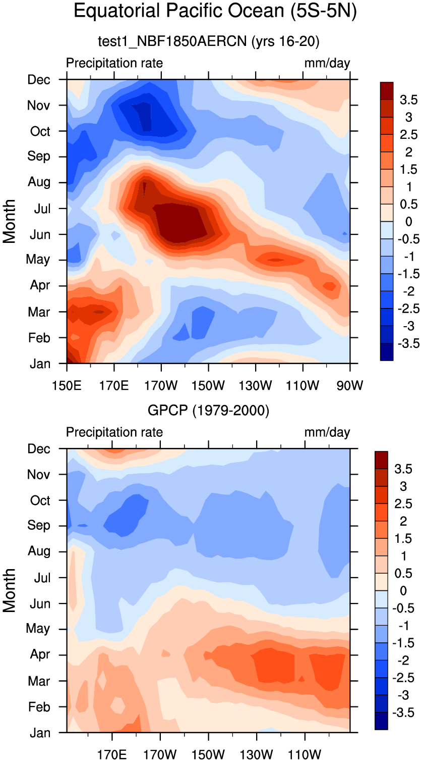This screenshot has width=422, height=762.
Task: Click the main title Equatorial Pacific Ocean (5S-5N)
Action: coord(215,12)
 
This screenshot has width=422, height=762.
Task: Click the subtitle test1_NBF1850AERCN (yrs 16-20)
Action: coord(208,42)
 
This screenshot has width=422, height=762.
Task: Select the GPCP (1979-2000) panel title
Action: coord(208,411)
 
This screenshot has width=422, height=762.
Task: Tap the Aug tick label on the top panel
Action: coord(39,182)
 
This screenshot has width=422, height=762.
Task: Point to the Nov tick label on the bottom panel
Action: coord(39,475)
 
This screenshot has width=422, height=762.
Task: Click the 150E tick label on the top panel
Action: coord(67,386)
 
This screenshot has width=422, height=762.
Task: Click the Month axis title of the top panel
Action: coord(10,221)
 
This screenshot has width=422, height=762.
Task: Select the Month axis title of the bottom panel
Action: coord(10,590)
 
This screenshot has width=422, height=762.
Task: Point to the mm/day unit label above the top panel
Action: coord(327,63)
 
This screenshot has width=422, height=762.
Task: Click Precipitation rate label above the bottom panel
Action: coord(114,432)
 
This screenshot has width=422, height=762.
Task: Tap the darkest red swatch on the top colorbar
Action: coord(387,90)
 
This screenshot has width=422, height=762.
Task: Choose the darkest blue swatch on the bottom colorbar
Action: coord(382,721)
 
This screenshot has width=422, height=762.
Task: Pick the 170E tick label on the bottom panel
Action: coord(114,755)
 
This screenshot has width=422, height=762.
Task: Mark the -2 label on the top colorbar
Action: coord(405,291)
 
